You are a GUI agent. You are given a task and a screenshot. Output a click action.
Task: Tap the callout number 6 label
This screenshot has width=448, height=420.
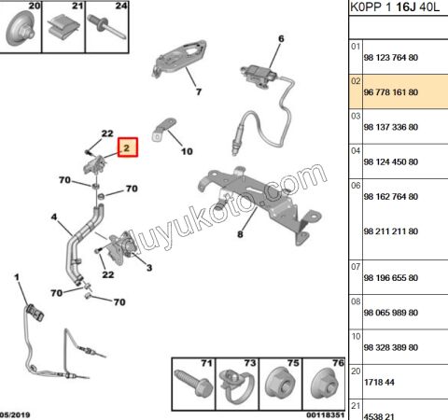coord(278,38)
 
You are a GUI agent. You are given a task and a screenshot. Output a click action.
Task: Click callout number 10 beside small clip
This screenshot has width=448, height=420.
coord(186,150)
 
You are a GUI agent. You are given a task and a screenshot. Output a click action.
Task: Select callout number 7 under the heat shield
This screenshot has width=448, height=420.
coord(198,91)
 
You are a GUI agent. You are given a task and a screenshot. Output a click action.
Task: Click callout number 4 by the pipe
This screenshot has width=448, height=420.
coord(55,220)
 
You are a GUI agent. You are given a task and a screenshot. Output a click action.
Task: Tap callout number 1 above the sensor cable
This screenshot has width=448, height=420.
coord(16,277)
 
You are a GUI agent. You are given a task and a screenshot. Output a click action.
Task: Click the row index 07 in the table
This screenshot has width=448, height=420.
coord(355,266)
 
